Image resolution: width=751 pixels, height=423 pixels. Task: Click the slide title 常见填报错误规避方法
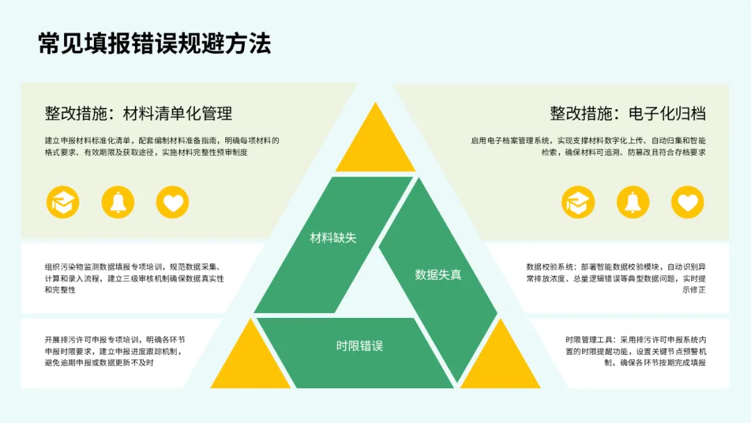pos(154,43)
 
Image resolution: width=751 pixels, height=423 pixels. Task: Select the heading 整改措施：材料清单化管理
pos(138,113)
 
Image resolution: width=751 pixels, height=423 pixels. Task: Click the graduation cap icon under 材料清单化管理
pos(63,202)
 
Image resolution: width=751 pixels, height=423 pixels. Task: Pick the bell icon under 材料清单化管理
pos(118,202)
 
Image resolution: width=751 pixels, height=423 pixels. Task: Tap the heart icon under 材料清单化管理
pos(172,202)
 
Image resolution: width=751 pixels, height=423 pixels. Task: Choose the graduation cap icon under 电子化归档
pos(578,202)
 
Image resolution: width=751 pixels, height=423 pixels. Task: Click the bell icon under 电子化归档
pos(633,202)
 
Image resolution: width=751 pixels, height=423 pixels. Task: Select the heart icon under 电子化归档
pos(687,202)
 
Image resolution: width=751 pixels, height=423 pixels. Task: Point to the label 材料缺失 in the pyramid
pos(333,238)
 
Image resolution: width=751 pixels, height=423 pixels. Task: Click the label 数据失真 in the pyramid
pos(438,275)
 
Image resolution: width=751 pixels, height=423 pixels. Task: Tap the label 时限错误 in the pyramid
pos(360,346)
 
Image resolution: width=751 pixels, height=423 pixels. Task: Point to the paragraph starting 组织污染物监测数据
pos(134,278)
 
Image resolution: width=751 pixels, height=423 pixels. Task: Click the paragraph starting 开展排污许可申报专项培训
pos(115,351)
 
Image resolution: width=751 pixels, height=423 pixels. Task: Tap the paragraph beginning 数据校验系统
pos(616,278)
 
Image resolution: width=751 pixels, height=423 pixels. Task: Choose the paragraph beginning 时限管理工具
pos(636,351)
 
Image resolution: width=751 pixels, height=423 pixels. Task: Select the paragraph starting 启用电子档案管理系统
pos(588,146)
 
